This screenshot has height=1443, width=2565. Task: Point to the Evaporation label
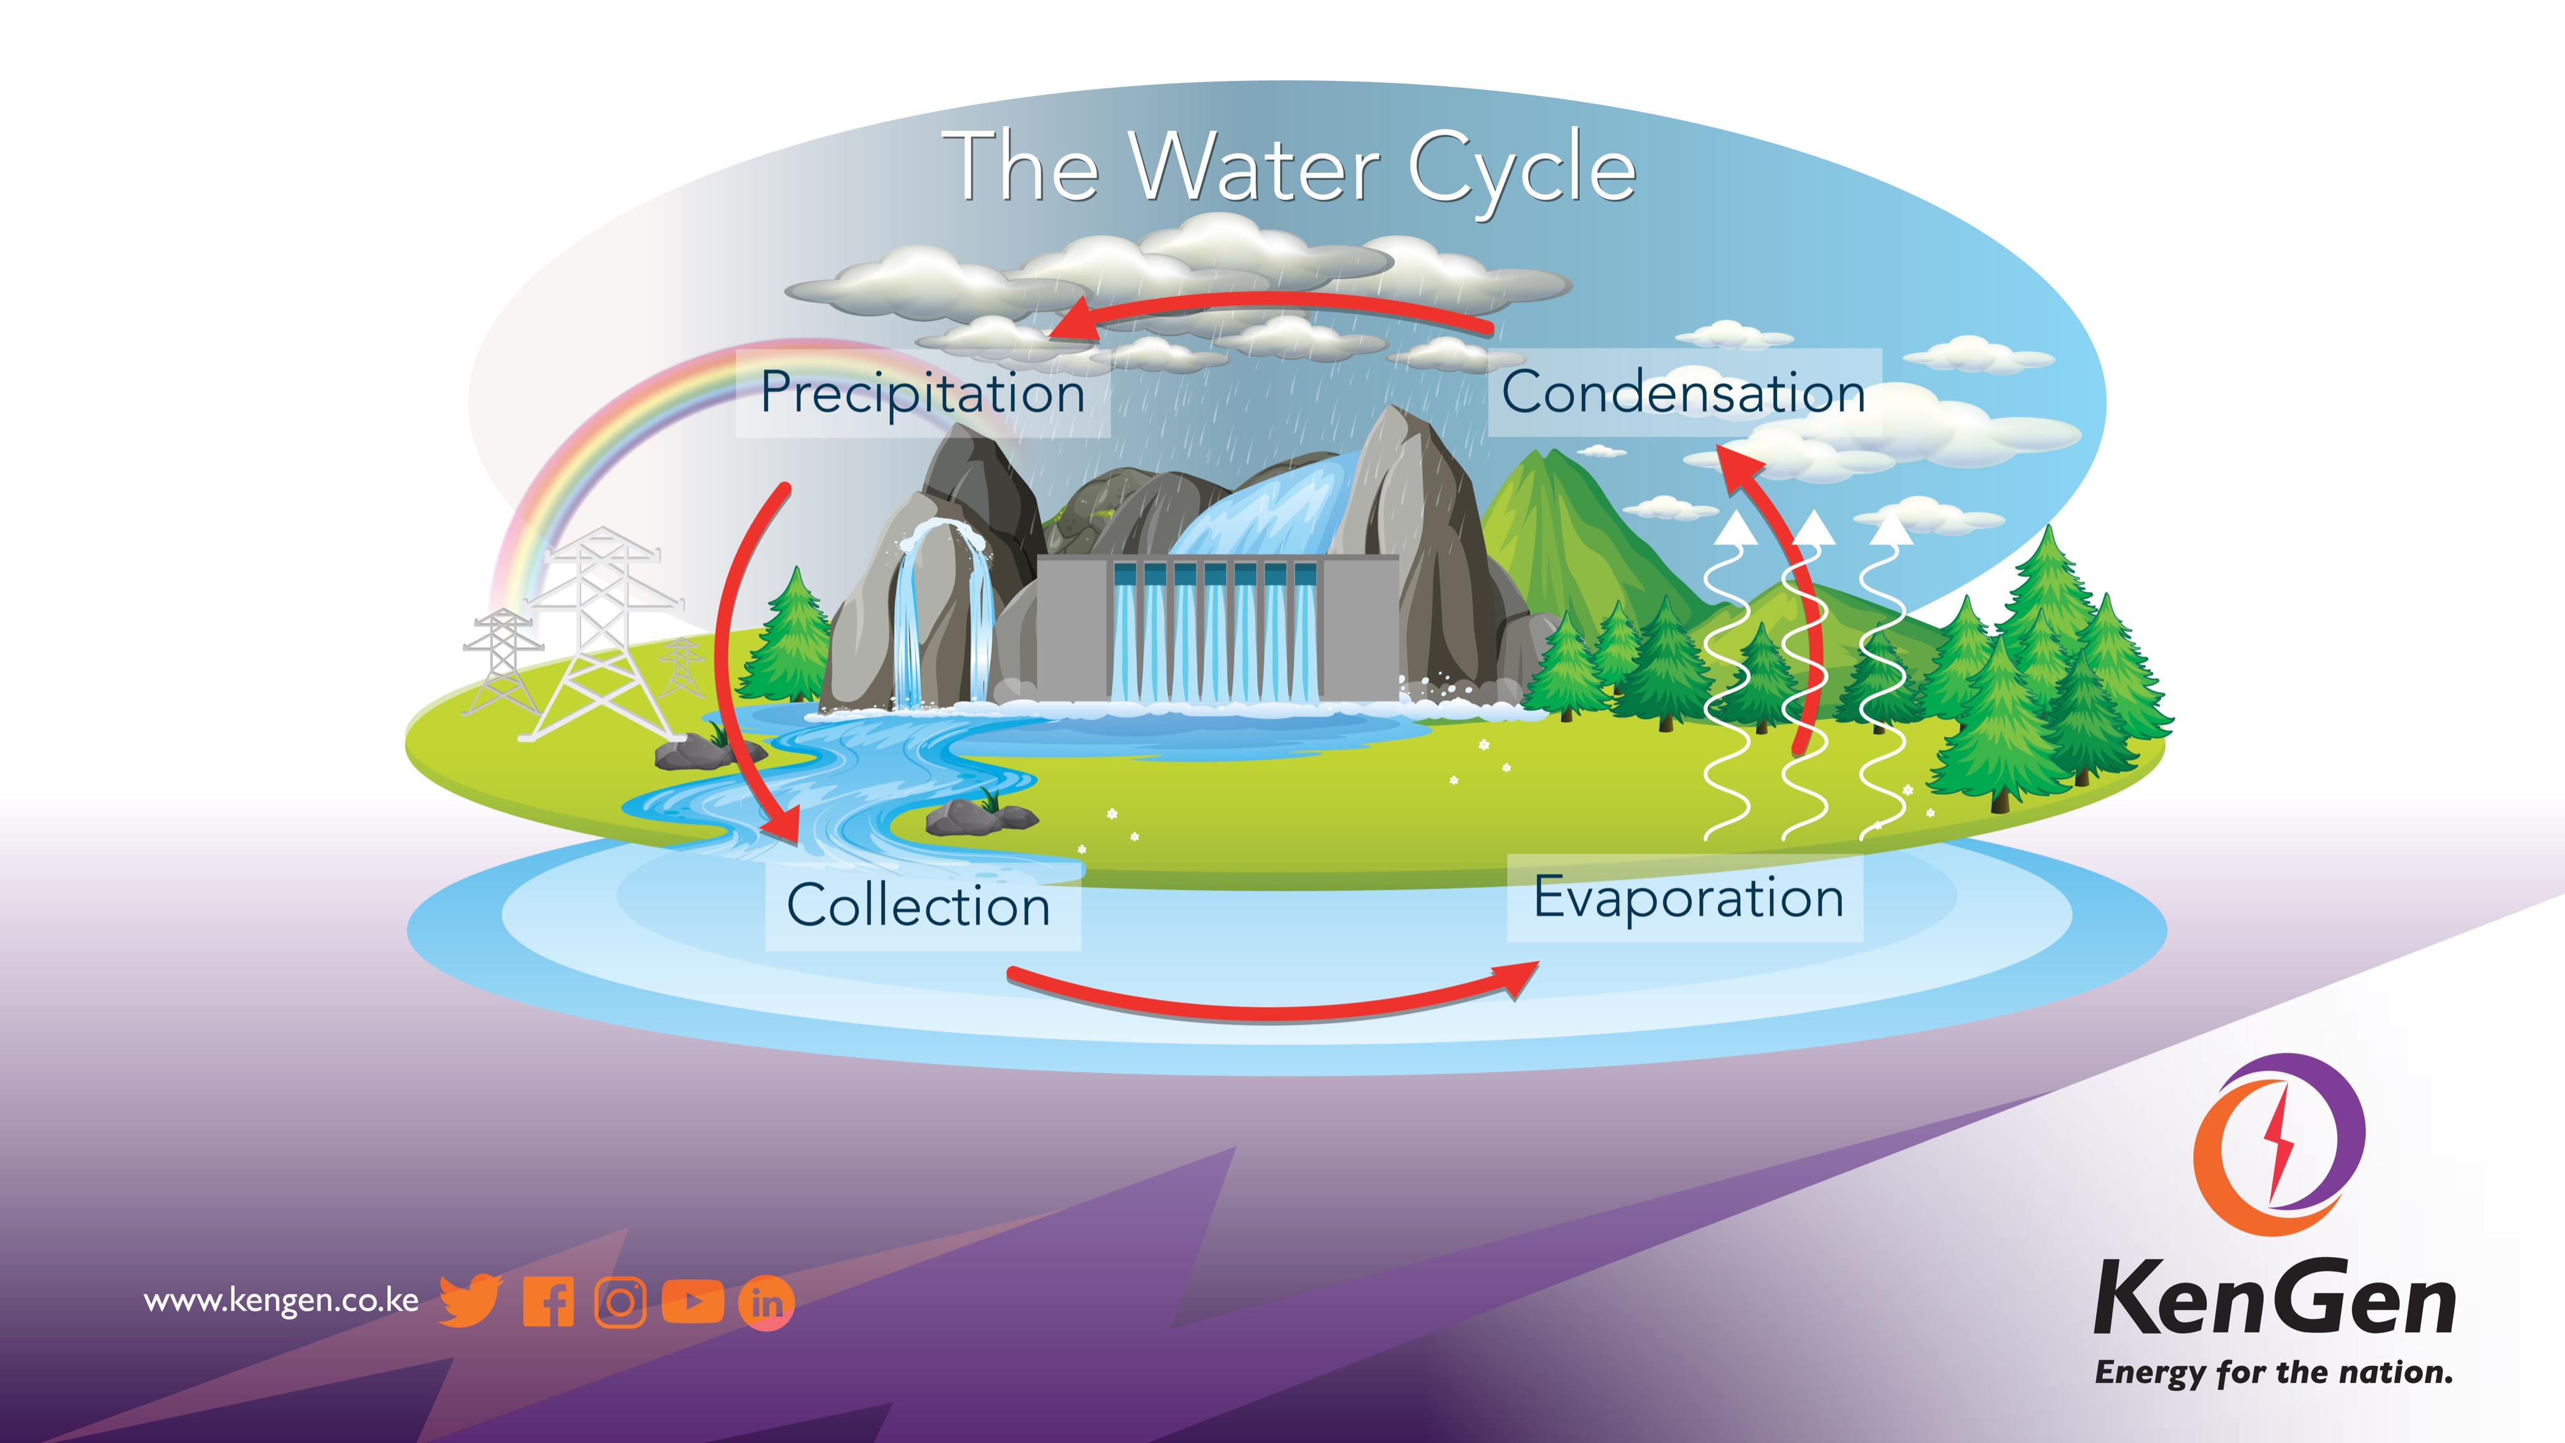click(x=1688, y=897)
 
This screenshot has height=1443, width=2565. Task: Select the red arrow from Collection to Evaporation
click(x=1264, y=1010)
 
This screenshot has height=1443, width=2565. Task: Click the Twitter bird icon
click(x=470, y=1301)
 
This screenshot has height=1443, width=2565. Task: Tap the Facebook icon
click(x=549, y=1301)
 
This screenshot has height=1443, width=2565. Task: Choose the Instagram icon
click(x=621, y=1301)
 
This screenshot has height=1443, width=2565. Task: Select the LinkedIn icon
click(x=766, y=1301)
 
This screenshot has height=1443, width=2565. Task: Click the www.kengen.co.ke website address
click(x=281, y=1301)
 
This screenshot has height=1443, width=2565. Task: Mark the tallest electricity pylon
click(x=602, y=638)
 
